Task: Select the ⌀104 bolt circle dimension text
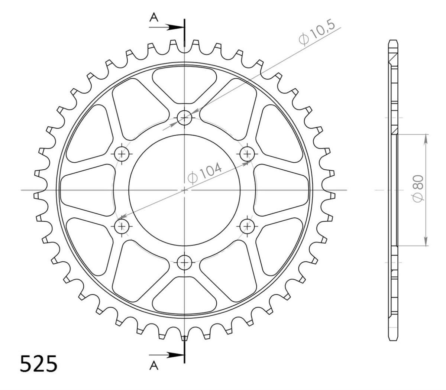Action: click(204, 173)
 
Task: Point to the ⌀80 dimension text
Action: click(418, 188)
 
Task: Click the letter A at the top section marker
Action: click(154, 17)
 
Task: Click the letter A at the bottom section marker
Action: click(154, 365)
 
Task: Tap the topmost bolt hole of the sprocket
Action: click(184, 118)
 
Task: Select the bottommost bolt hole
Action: click(184, 262)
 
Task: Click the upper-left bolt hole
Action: click(122, 154)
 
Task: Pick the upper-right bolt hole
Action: click(247, 154)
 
